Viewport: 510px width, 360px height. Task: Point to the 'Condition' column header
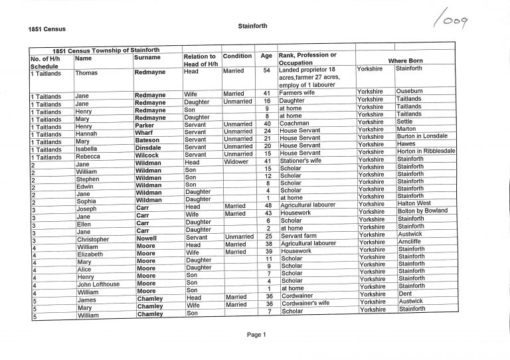click(237, 56)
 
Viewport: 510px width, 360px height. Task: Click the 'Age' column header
click(266, 56)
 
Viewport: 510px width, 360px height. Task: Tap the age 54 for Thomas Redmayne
click(266, 70)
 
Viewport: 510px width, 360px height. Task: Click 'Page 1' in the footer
click(256, 335)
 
